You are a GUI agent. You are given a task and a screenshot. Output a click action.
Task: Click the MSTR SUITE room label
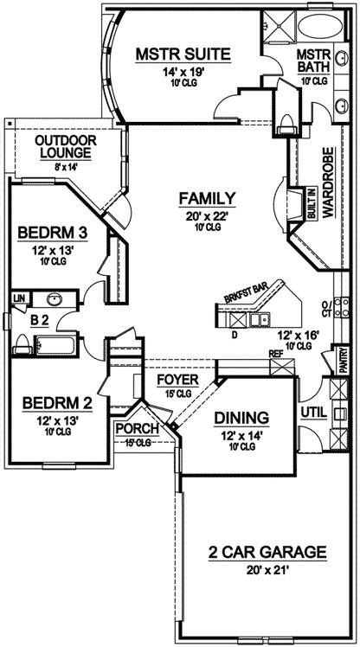coord(183,55)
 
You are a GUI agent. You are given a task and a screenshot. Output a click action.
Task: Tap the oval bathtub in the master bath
coord(312,24)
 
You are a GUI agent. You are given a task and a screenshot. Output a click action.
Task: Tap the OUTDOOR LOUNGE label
coord(65,146)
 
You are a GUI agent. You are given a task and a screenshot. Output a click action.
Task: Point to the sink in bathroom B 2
coord(54,300)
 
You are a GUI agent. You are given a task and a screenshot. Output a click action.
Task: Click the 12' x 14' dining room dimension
coord(241,434)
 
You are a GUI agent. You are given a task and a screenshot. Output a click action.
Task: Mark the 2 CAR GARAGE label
coord(255,551)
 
